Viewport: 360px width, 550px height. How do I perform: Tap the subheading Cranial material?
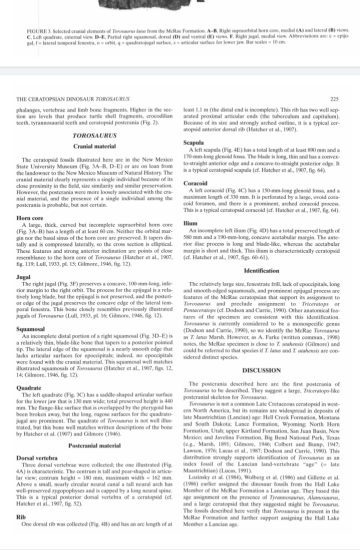point(94,146)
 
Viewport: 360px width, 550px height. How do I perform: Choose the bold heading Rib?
point(21,518)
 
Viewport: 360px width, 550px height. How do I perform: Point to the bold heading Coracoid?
point(197,183)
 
